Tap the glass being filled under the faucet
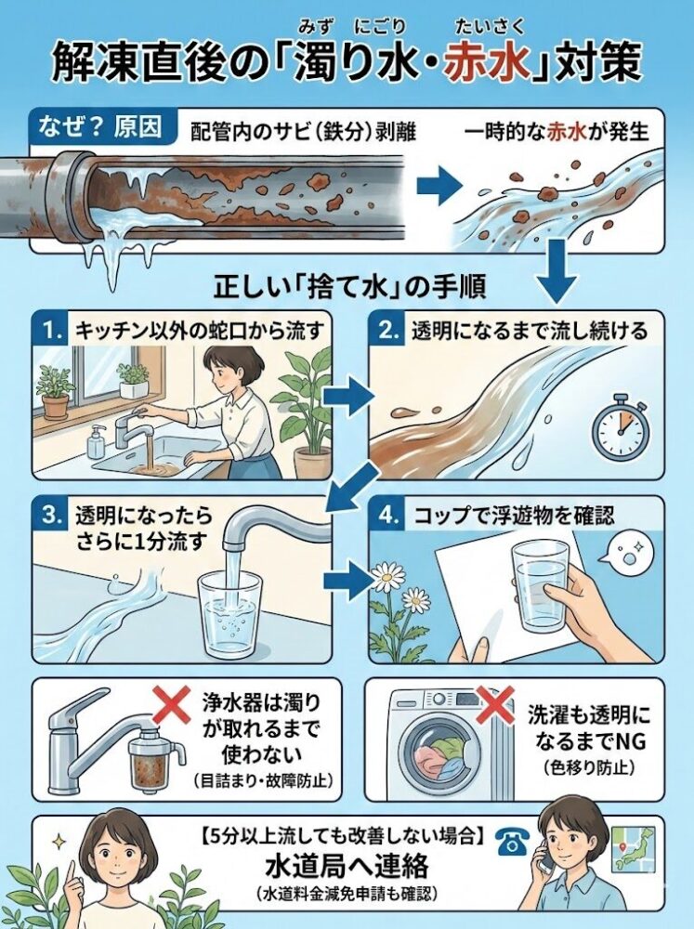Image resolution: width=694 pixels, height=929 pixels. point(229,608)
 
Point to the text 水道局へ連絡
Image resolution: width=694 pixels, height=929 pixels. point(350,867)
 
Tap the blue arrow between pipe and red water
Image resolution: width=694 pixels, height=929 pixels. point(432,187)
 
